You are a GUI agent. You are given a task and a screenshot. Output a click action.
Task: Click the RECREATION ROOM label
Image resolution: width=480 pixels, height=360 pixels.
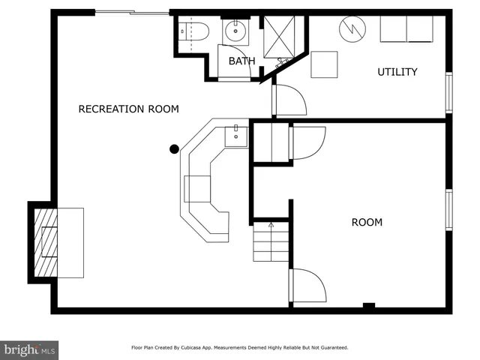(x=129, y=109)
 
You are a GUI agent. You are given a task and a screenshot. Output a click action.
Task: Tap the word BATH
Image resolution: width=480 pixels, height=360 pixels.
(x=241, y=61)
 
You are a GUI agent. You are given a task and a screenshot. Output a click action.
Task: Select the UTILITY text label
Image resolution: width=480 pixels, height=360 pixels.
(x=397, y=72)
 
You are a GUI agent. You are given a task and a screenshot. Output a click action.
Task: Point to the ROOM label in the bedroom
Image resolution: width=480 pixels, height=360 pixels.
(x=367, y=223)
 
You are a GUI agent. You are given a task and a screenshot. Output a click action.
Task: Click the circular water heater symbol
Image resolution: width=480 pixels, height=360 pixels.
(x=350, y=30)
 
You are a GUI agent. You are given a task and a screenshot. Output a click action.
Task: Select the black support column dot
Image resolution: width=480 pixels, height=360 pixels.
(x=174, y=148)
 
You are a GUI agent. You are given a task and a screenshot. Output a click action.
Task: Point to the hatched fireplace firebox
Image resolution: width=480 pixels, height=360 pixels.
(x=48, y=241)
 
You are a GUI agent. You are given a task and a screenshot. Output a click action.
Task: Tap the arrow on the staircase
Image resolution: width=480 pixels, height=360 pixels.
(x=271, y=223)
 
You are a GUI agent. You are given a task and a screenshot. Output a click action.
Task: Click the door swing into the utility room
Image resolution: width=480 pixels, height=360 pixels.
(x=289, y=99)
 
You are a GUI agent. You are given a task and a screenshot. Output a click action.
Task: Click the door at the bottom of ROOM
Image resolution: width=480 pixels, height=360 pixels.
(x=307, y=286)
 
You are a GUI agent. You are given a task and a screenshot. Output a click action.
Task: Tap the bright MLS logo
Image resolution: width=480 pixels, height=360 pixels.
(x=29, y=349)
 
